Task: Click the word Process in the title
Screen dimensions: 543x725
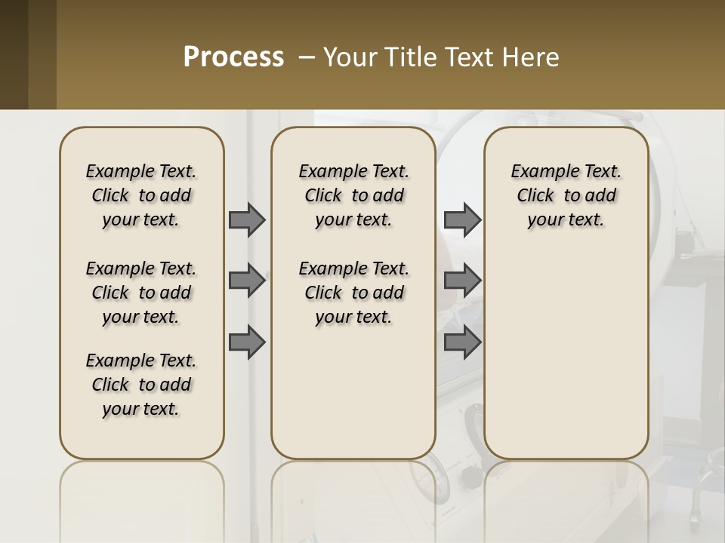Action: coord(233,57)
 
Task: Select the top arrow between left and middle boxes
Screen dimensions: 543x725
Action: coord(247,219)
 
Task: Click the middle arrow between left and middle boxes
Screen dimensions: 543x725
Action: coord(247,281)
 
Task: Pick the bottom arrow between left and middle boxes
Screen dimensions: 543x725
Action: coord(247,342)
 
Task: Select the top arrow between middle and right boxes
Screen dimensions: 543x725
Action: coord(462,219)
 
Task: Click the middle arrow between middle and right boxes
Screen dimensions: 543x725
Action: coord(462,281)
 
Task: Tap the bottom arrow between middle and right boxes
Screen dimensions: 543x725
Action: coord(462,342)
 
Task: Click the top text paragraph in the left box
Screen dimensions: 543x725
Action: coord(141,195)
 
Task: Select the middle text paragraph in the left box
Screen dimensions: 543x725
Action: coord(141,293)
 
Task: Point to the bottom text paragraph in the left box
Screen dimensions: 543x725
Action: coord(141,385)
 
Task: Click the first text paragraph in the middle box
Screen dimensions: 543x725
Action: coord(353,195)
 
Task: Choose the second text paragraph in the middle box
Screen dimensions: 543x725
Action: coord(353,293)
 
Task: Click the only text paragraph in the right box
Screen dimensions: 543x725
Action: coord(566,195)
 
